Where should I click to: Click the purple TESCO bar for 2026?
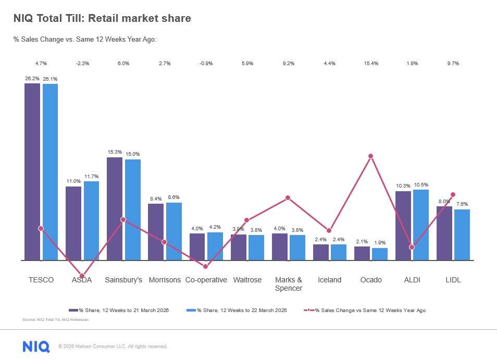[x=32, y=171]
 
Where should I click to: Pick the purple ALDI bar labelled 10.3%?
[x=403, y=226]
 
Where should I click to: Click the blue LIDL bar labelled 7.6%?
[x=462, y=234]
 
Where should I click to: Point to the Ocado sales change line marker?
[x=371, y=156]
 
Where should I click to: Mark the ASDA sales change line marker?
[x=82, y=276]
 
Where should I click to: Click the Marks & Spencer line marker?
[x=288, y=198]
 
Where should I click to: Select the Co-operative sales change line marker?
[x=206, y=266]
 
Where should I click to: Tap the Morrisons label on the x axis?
[x=165, y=280]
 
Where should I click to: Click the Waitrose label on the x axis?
[x=247, y=280]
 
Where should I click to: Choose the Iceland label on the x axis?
[x=330, y=280]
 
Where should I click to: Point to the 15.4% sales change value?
[x=371, y=64]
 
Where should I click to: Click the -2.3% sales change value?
[x=82, y=64]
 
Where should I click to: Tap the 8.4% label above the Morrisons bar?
[x=156, y=199]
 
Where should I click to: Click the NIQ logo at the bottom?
[x=36, y=346]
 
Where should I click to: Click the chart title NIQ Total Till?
[x=102, y=19]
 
